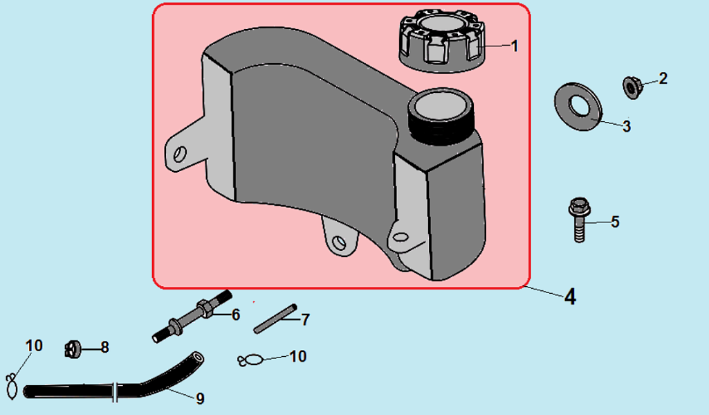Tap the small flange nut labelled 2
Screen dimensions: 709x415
click(630, 87)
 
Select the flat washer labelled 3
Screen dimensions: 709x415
click(578, 107)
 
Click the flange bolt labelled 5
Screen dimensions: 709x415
click(579, 220)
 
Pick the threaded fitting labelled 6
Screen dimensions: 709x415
click(192, 316)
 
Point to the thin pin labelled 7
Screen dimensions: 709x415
click(275, 319)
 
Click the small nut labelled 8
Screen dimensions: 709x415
click(73, 350)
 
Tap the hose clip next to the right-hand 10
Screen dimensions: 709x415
click(250, 360)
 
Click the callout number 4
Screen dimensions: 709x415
click(570, 297)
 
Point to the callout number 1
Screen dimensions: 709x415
click(515, 46)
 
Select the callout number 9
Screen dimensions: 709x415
click(200, 398)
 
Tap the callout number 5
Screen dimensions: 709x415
click(615, 222)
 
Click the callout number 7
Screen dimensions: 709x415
click(306, 320)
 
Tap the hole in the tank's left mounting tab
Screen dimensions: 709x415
click(180, 154)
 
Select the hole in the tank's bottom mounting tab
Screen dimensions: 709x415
click(339, 243)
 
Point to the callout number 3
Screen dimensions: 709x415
click(626, 126)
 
